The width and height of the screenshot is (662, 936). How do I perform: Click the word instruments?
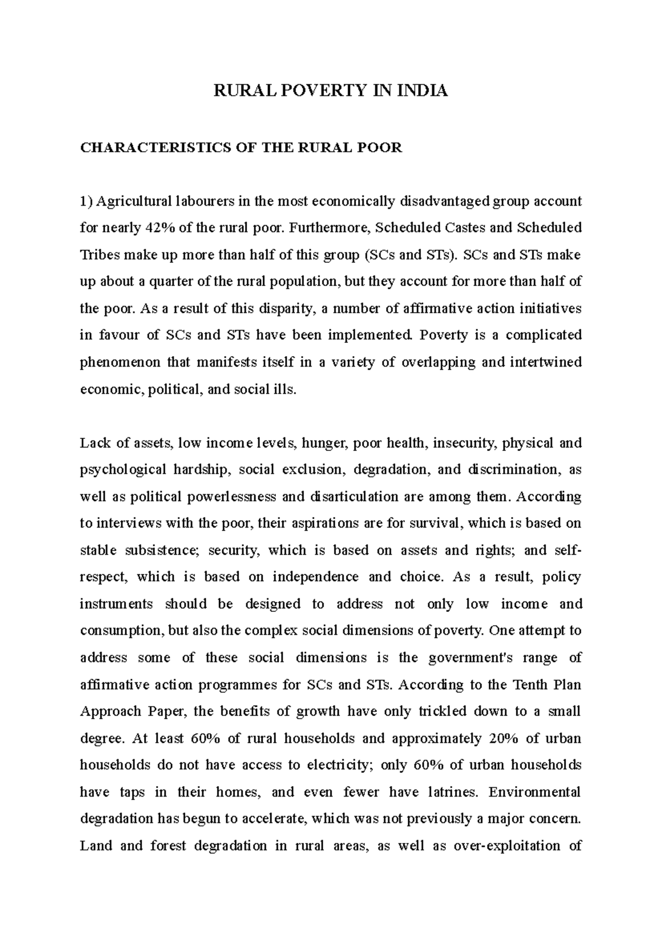click(116, 604)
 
